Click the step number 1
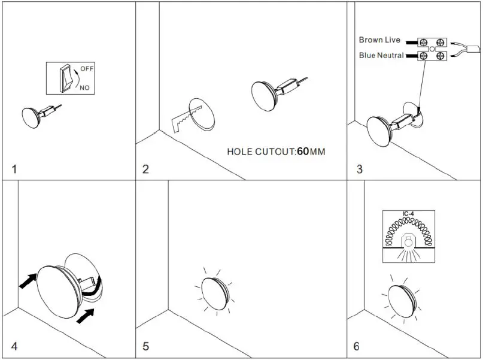[15, 169]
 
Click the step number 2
[145, 169]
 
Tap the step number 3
[359, 169]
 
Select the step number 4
[15, 346]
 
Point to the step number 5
[145, 346]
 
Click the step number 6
[357, 346]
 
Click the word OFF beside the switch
[87, 69]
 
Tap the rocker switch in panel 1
[66, 78]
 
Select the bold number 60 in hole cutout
[303, 152]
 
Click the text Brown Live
[379, 40]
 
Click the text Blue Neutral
[381, 56]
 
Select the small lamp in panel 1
[32, 117]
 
